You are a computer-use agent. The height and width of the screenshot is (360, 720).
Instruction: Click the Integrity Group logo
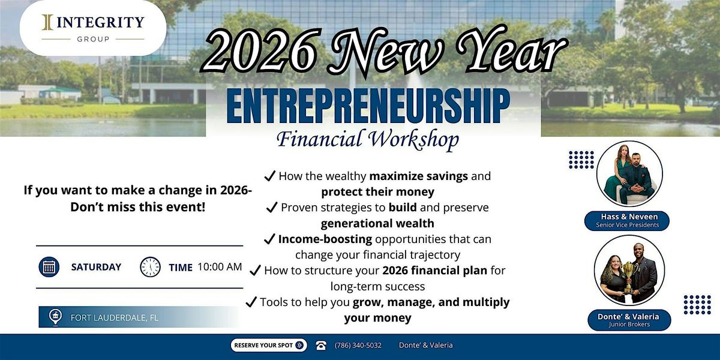pyautogui.click(x=93, y=28)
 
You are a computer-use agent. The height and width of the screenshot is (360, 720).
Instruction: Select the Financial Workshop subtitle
pyautogui.click(x=367, y=139)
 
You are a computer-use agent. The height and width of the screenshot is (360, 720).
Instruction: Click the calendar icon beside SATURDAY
pyautogui.click(x=49, y=267)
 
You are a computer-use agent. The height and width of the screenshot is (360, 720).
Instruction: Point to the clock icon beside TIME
pyautogui.click(x=150, y=267)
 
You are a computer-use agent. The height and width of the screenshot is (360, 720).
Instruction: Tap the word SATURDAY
pyautogui.click(x=96, y=267)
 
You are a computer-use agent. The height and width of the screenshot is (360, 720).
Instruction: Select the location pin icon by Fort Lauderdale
pyautogui.click(x=55, y=317)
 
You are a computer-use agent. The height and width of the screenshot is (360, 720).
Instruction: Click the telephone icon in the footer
pyautogui.click(x=321, y=345)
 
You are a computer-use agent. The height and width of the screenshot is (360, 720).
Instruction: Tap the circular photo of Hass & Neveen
pyautogui.click(x=629, y=173)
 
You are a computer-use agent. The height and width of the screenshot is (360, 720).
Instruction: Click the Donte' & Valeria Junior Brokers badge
pyautogui.click(x=629, y=320)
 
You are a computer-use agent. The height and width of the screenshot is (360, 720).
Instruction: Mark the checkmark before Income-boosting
pyautogui.click(x=269, y=239)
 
